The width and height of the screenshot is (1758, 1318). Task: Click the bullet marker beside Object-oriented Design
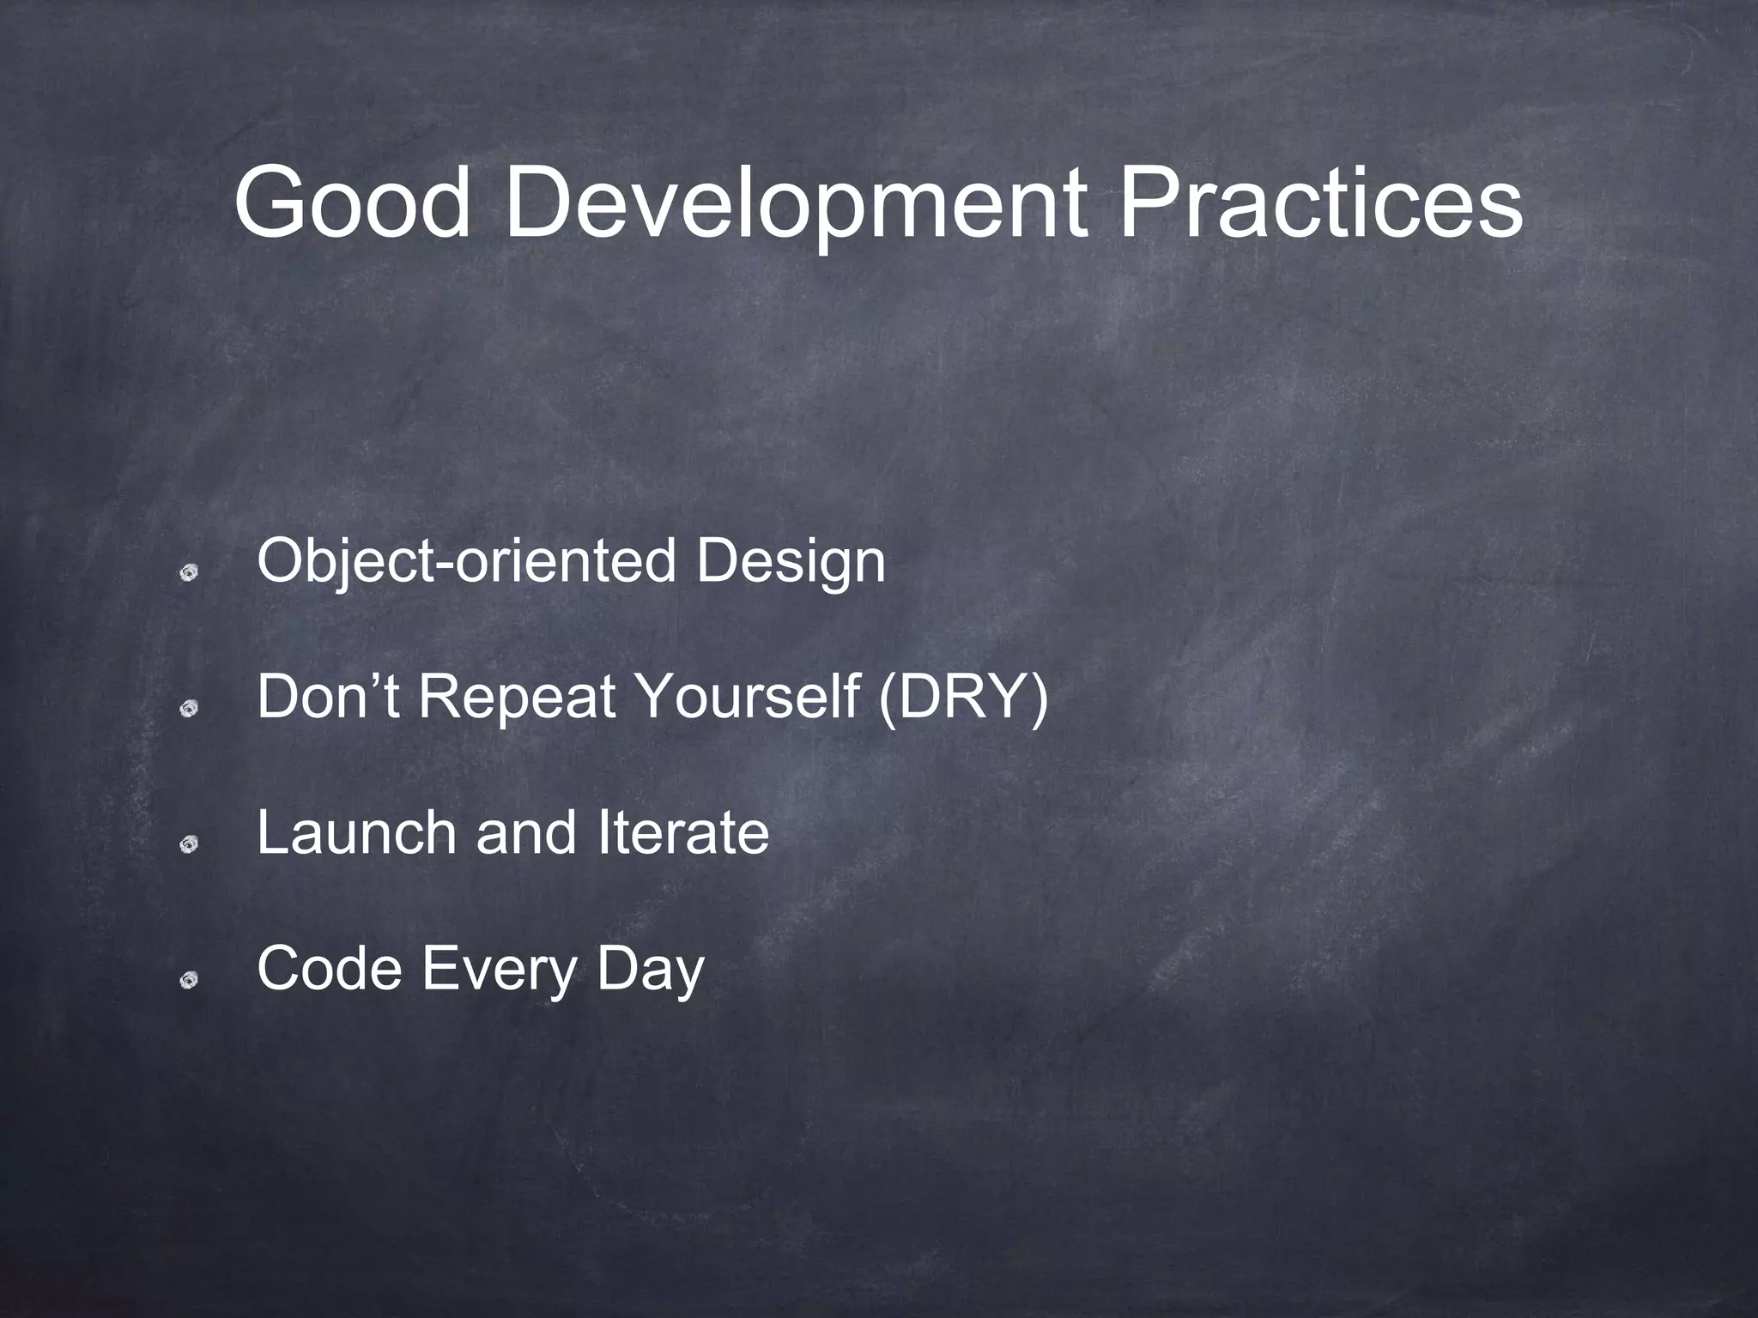point(190,572)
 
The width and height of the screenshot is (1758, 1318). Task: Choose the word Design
point(791,562)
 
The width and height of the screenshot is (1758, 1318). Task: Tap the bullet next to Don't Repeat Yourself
point(190,708)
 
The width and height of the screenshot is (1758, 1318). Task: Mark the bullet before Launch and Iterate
point(190,844)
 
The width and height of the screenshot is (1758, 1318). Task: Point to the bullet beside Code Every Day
point(190,980)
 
